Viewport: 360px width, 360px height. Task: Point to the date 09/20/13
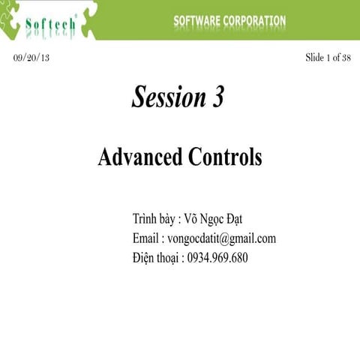point(32,58)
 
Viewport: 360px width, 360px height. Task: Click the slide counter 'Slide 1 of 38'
point(328,58)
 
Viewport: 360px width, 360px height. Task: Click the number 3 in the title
point(216,97)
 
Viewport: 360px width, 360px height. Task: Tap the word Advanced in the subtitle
point(140,157)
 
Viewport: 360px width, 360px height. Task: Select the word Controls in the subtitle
point(225,157)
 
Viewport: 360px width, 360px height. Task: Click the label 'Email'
point(145,238)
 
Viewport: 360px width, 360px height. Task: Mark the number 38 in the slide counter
point(346,58)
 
